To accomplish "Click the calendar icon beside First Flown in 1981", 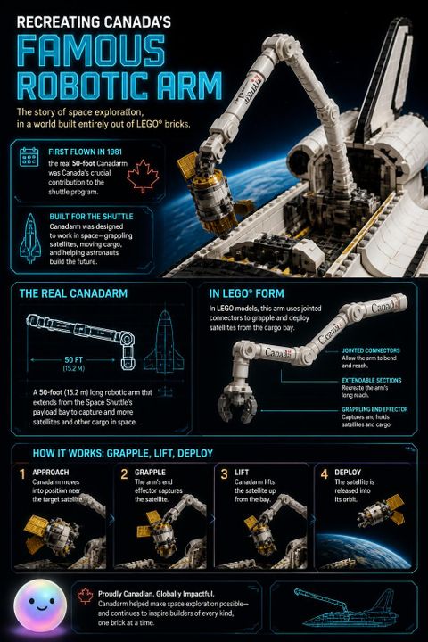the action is (29, 157).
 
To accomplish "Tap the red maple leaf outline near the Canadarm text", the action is (143, 176).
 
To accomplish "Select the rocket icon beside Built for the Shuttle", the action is (30, 238).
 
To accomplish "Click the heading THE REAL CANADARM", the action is (73, 293).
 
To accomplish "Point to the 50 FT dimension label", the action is (74, 360).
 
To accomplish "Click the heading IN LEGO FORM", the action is (246, 293).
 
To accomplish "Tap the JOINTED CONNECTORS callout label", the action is (371, 350).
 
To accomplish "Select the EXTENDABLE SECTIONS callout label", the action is (372, 380).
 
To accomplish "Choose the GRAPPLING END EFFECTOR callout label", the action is (374, 409).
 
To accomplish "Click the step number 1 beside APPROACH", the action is (22, 474).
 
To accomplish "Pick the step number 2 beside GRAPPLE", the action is (124, 474).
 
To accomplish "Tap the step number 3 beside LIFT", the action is (224, 474).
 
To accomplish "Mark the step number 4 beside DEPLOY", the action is (325, 474).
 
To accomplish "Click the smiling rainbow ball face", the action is (40, 605).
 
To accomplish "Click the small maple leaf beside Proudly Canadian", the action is (86, 596).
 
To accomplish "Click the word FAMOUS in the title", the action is (91, 51).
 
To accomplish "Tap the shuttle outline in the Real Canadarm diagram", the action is (164, 341).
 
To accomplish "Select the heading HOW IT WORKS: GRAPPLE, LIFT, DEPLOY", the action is (122, 453).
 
